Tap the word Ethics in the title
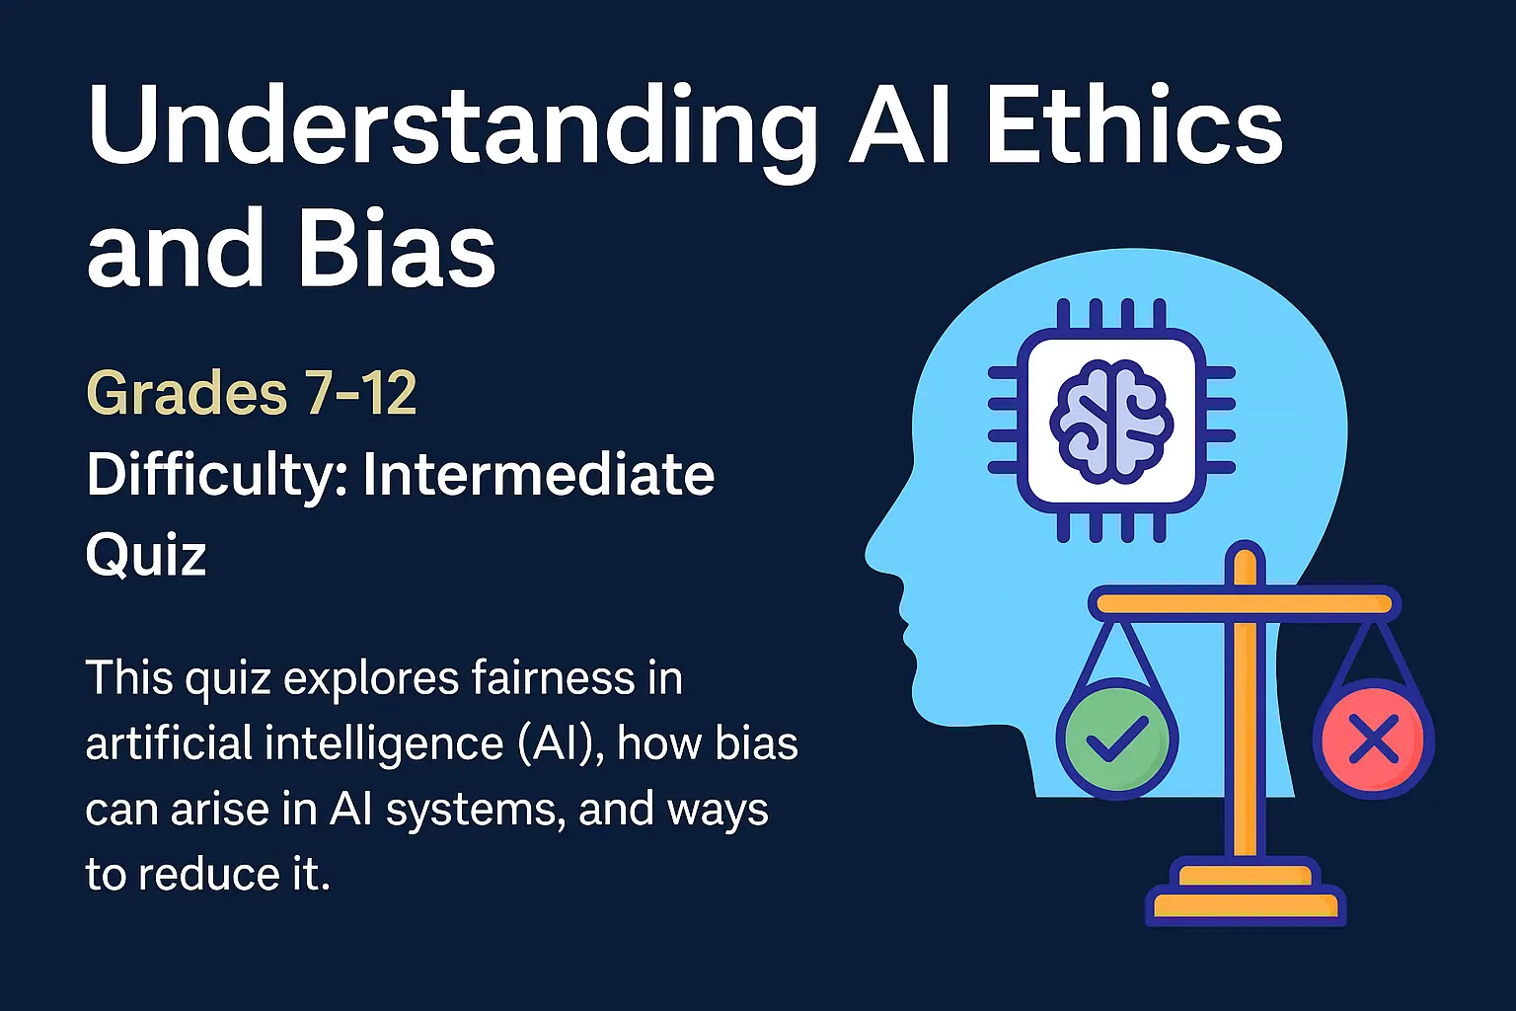(1134, 128)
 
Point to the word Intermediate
(538, 475)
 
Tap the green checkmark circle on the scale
(1116, 739)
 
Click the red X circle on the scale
(1372, 739)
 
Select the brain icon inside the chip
(1111, 422)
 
